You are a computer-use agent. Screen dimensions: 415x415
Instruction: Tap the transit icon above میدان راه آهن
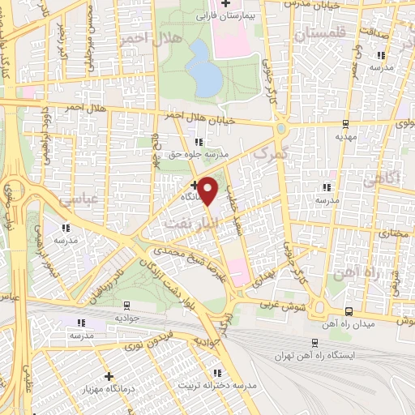(x=349, y=311)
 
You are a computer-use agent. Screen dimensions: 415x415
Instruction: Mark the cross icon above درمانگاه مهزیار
(x=109, y=376)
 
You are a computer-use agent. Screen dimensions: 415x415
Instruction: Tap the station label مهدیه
(x=346, y=137)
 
